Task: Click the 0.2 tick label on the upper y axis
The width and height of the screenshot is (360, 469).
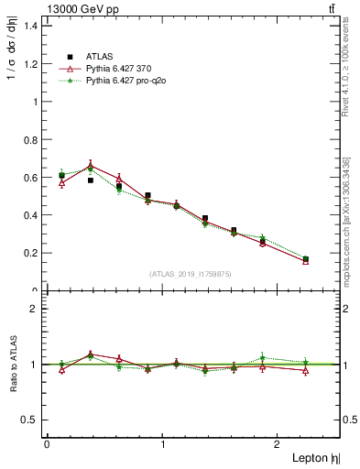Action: tap(31, 253)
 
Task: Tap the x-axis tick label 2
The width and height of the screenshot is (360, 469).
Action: tap(280, 444)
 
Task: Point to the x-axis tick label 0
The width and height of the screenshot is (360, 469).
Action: tap(47, 444)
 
